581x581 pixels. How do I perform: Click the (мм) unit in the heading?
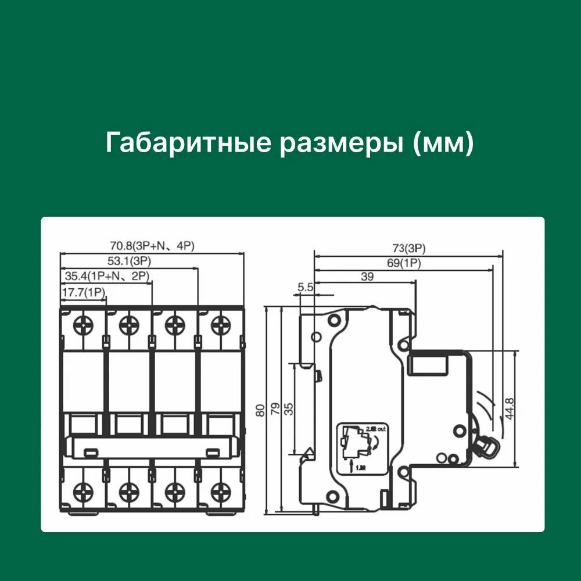[443, 144]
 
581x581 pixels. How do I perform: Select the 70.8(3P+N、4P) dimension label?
[152, 246]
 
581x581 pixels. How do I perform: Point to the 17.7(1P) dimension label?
[83, 293]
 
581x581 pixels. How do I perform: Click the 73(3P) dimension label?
[408, 249]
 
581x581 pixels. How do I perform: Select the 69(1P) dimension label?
[404, 263]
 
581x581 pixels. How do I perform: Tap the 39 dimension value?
[367, 277]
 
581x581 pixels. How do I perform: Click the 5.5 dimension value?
[305, 286]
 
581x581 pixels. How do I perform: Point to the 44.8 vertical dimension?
[509, 409]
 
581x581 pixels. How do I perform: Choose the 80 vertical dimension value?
[260, 410]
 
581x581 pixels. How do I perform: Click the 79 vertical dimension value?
[275, 409]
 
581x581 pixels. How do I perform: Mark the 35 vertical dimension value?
[289, 409]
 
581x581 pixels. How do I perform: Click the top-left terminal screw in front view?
[82, 324]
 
